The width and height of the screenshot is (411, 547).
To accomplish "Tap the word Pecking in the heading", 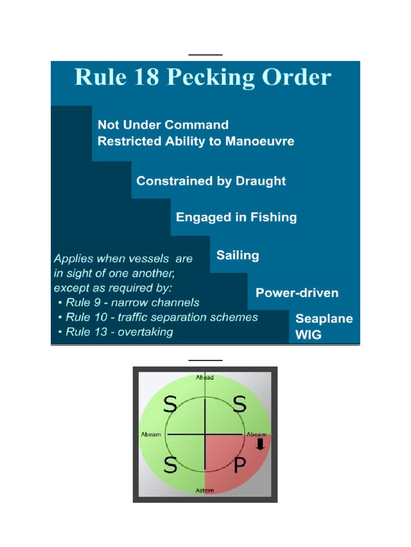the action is (x=211, y=77).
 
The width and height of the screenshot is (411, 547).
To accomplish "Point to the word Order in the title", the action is (x=296, y=77).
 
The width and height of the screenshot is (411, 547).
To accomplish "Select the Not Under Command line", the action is (x=163, y=124).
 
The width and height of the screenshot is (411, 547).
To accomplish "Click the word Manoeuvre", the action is (x=260, y=141).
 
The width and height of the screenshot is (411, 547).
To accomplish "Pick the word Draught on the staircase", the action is (x=261, y=181).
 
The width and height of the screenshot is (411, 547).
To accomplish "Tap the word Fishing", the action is (x=273, y=217).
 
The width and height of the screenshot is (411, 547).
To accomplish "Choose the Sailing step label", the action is (x=238, y=255).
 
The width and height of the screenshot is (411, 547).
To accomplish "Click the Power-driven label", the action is (x=297, y=293).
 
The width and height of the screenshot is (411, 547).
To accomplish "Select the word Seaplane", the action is (x=324, y=319).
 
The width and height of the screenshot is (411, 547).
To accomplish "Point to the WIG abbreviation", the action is (x=308, y=334).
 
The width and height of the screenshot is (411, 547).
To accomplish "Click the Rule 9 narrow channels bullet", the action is (x=128, y=302).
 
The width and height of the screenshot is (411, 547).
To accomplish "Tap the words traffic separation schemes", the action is (x=188, y=317).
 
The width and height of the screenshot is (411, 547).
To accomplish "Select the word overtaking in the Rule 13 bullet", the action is (x=146, y=332).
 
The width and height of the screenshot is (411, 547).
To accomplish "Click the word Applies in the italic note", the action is (x=73, y=259).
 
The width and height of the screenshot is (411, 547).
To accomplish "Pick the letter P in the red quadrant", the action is (x=240, y=465).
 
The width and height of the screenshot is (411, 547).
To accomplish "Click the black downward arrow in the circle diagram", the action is (x=261, y=444).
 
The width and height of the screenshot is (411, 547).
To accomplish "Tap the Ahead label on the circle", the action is (x=205, y=378).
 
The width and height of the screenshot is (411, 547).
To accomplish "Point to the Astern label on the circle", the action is (x=205, y=490).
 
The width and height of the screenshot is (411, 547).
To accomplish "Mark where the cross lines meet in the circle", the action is (x=205, y=434).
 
